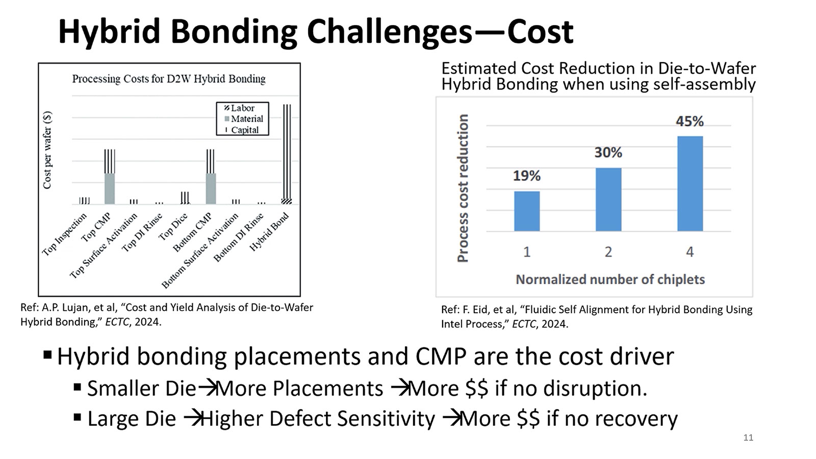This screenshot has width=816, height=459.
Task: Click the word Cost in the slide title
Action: point(540,32)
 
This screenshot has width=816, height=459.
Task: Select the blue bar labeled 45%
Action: point(690,184)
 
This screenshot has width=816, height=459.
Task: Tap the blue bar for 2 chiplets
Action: point(608,199)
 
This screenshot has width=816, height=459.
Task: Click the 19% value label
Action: point(526,176)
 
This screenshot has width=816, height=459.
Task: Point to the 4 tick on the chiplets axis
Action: point(690,252)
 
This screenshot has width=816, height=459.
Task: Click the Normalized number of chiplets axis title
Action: point(610,279)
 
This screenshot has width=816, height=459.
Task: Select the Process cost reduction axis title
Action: point(463,188)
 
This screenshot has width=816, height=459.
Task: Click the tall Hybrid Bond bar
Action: point(287,153)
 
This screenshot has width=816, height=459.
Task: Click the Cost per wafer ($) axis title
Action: point(47,150)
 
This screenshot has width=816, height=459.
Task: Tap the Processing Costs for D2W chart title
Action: point(169,79)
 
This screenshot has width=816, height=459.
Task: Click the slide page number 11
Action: point(748,438)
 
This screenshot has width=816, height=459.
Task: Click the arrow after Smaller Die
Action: point(207,389)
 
